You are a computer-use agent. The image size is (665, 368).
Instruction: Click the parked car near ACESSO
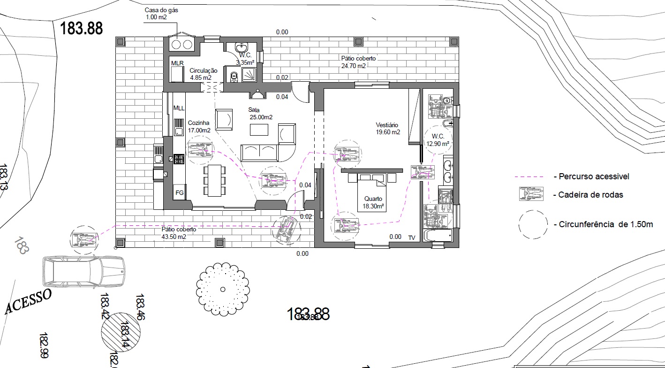click(84, 272)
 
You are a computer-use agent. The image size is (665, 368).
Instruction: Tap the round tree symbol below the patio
click(223, 289)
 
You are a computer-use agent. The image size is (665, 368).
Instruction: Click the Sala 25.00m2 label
click(260, 113)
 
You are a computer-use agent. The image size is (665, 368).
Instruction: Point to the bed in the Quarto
click(371, 192)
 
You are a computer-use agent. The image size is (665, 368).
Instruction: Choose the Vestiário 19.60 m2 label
click(388, 129)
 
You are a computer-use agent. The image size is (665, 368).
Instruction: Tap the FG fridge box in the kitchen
click(179, 192)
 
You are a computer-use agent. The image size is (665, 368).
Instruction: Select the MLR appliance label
click(177, 63)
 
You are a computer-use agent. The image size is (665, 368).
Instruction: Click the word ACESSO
click(28, 301)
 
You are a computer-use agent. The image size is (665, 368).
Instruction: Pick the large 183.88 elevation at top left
click(81, 29)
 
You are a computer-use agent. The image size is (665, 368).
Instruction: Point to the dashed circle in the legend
click(533, 224)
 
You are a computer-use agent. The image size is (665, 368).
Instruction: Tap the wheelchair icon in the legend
click(530, 193)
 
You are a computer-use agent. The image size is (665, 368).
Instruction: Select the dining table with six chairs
click(215, 180)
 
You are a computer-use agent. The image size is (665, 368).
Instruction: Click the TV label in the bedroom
click(412, 237)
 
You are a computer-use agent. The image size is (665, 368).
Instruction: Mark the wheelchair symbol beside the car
click(84, 239)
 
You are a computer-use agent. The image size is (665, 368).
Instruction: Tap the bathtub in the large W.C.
click(437, 235)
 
